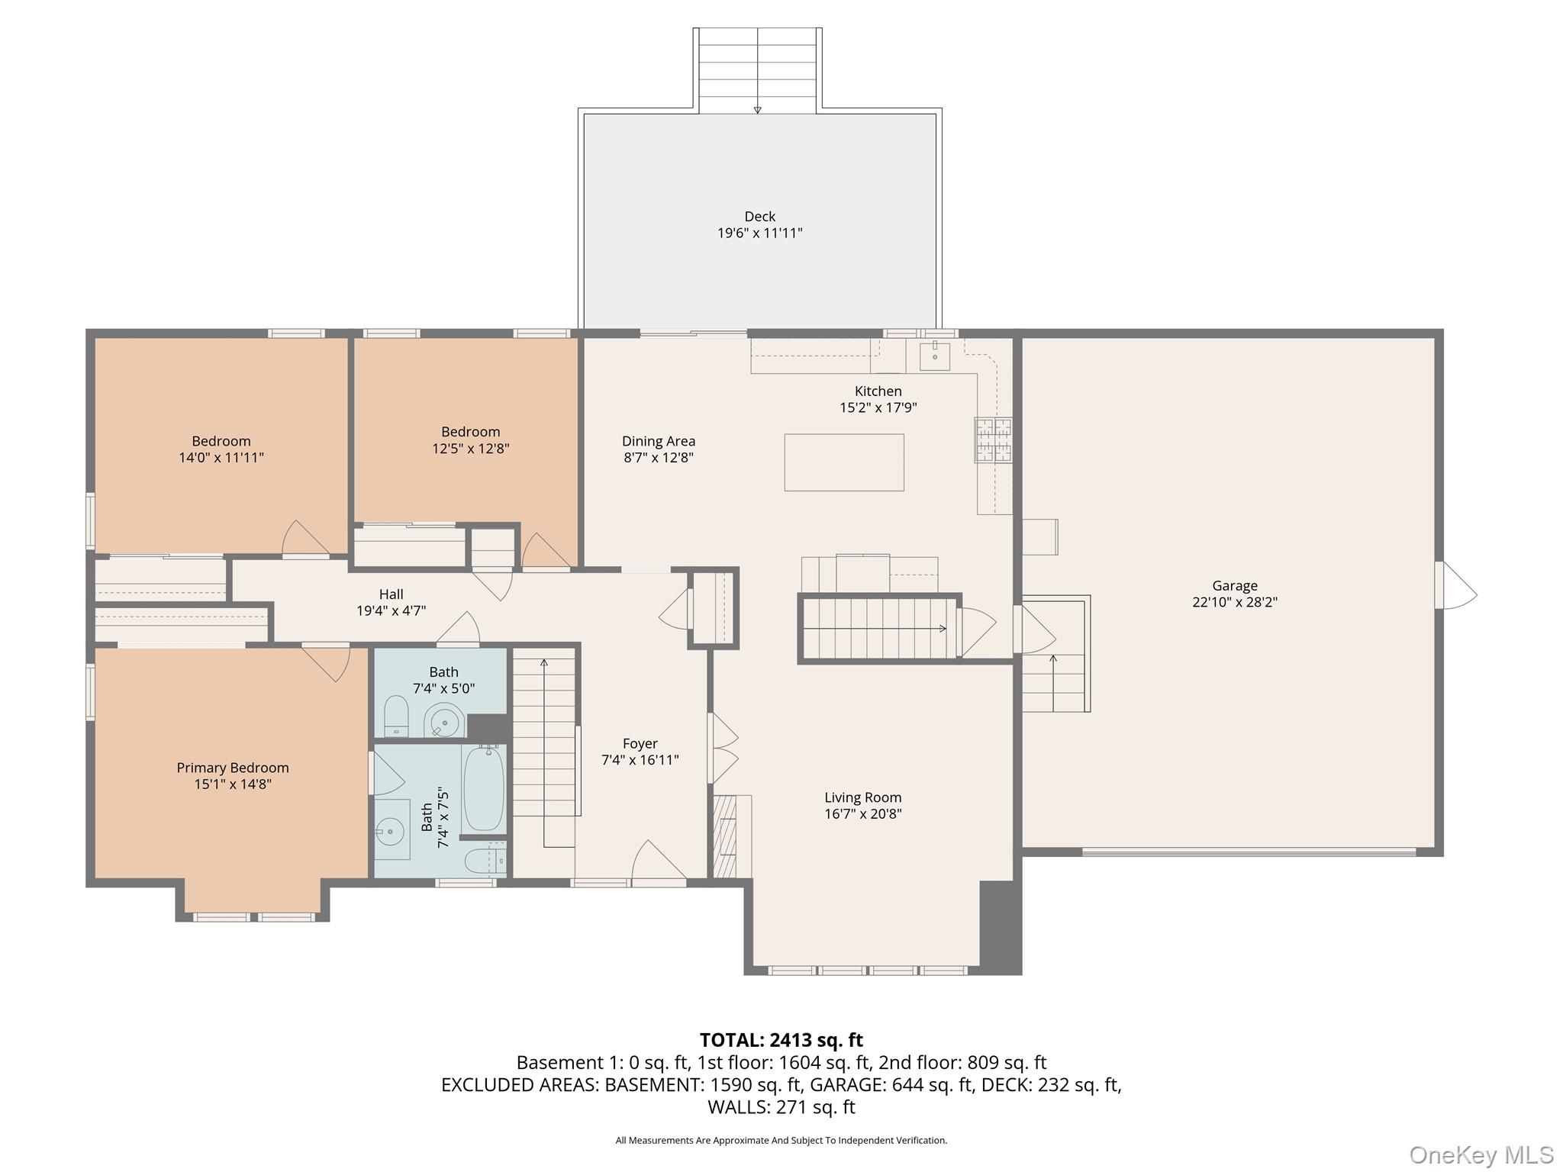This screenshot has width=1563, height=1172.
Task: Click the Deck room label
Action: coord(759,217)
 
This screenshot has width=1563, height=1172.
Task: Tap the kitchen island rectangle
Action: coord(844,462)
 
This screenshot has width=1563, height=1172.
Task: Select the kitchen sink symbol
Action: coord(934,356)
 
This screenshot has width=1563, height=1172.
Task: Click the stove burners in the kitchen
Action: coord(993,439)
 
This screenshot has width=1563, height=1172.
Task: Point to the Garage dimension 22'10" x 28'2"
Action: coord(1234,602)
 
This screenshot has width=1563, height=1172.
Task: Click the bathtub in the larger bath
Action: coord(483,788)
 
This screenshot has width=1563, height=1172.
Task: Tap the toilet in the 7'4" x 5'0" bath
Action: coord(396,716)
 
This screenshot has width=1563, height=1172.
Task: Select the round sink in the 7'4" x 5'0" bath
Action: coord(444,720)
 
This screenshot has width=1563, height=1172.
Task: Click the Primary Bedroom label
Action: coord(233,768)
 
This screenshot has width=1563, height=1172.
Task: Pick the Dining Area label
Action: coord(658,441)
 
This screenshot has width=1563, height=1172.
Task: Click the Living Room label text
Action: coord(862,797)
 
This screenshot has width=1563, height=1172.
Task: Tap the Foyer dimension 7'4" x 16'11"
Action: coord(640,760)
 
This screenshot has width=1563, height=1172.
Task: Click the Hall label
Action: coord(391,594)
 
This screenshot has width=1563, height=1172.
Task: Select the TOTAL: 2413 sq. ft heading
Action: coord(781,1040)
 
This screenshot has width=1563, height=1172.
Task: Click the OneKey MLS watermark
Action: coord(1481,1154)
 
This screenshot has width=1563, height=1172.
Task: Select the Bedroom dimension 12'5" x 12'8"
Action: coord(470,449)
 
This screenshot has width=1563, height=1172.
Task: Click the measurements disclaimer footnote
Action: coord(781,1140)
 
